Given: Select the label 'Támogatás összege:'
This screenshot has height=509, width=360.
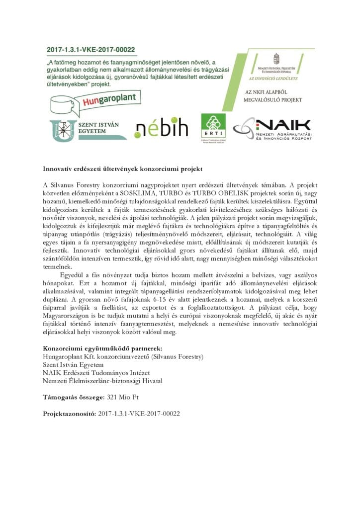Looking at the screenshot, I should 74,397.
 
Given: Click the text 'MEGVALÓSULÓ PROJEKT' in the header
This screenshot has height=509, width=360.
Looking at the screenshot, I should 274,100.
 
